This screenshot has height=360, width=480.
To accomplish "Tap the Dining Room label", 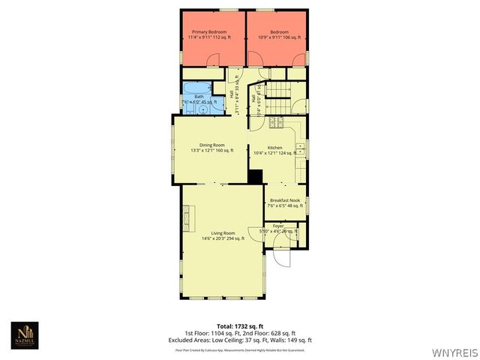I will pyautogui.click(x=212, y=147).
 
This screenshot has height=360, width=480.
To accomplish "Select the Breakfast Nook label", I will pyautogui.click(x=284, y=202).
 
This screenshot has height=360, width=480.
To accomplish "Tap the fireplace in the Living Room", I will pyautogui.click(x=187, y=217).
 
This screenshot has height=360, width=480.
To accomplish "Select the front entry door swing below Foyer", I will pyautogui.click(x=280, y=256).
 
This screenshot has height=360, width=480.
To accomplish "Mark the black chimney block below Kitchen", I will pyautogui.click(x=256, y=177).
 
